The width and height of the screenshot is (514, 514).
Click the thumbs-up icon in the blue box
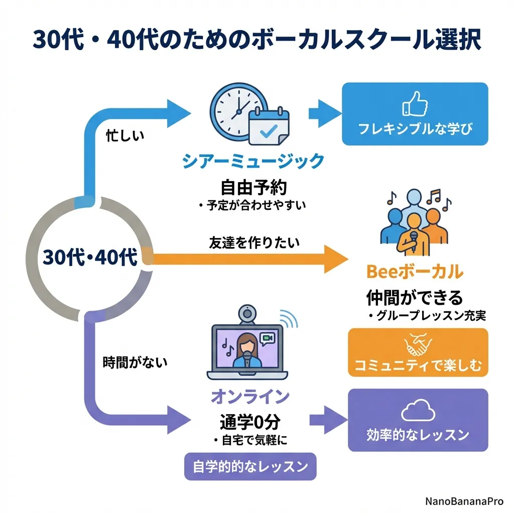coord(415,104)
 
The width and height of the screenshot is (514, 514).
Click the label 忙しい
coord(125,136)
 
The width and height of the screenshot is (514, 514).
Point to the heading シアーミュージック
coord(253,162)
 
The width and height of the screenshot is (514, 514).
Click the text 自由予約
coord(253,187)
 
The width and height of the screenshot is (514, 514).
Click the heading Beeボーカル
coord(415,272)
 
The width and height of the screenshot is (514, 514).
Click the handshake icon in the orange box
coord(418,345)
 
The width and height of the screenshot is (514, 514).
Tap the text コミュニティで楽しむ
coord(418,365)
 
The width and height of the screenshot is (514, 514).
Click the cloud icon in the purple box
coord(418,412)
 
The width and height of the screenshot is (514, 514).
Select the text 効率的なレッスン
coord(418,434)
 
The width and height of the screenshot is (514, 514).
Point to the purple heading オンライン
coord(250,397)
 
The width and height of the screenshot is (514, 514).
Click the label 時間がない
coord(135,362)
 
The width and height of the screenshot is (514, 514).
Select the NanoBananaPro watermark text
coord(464,501)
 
